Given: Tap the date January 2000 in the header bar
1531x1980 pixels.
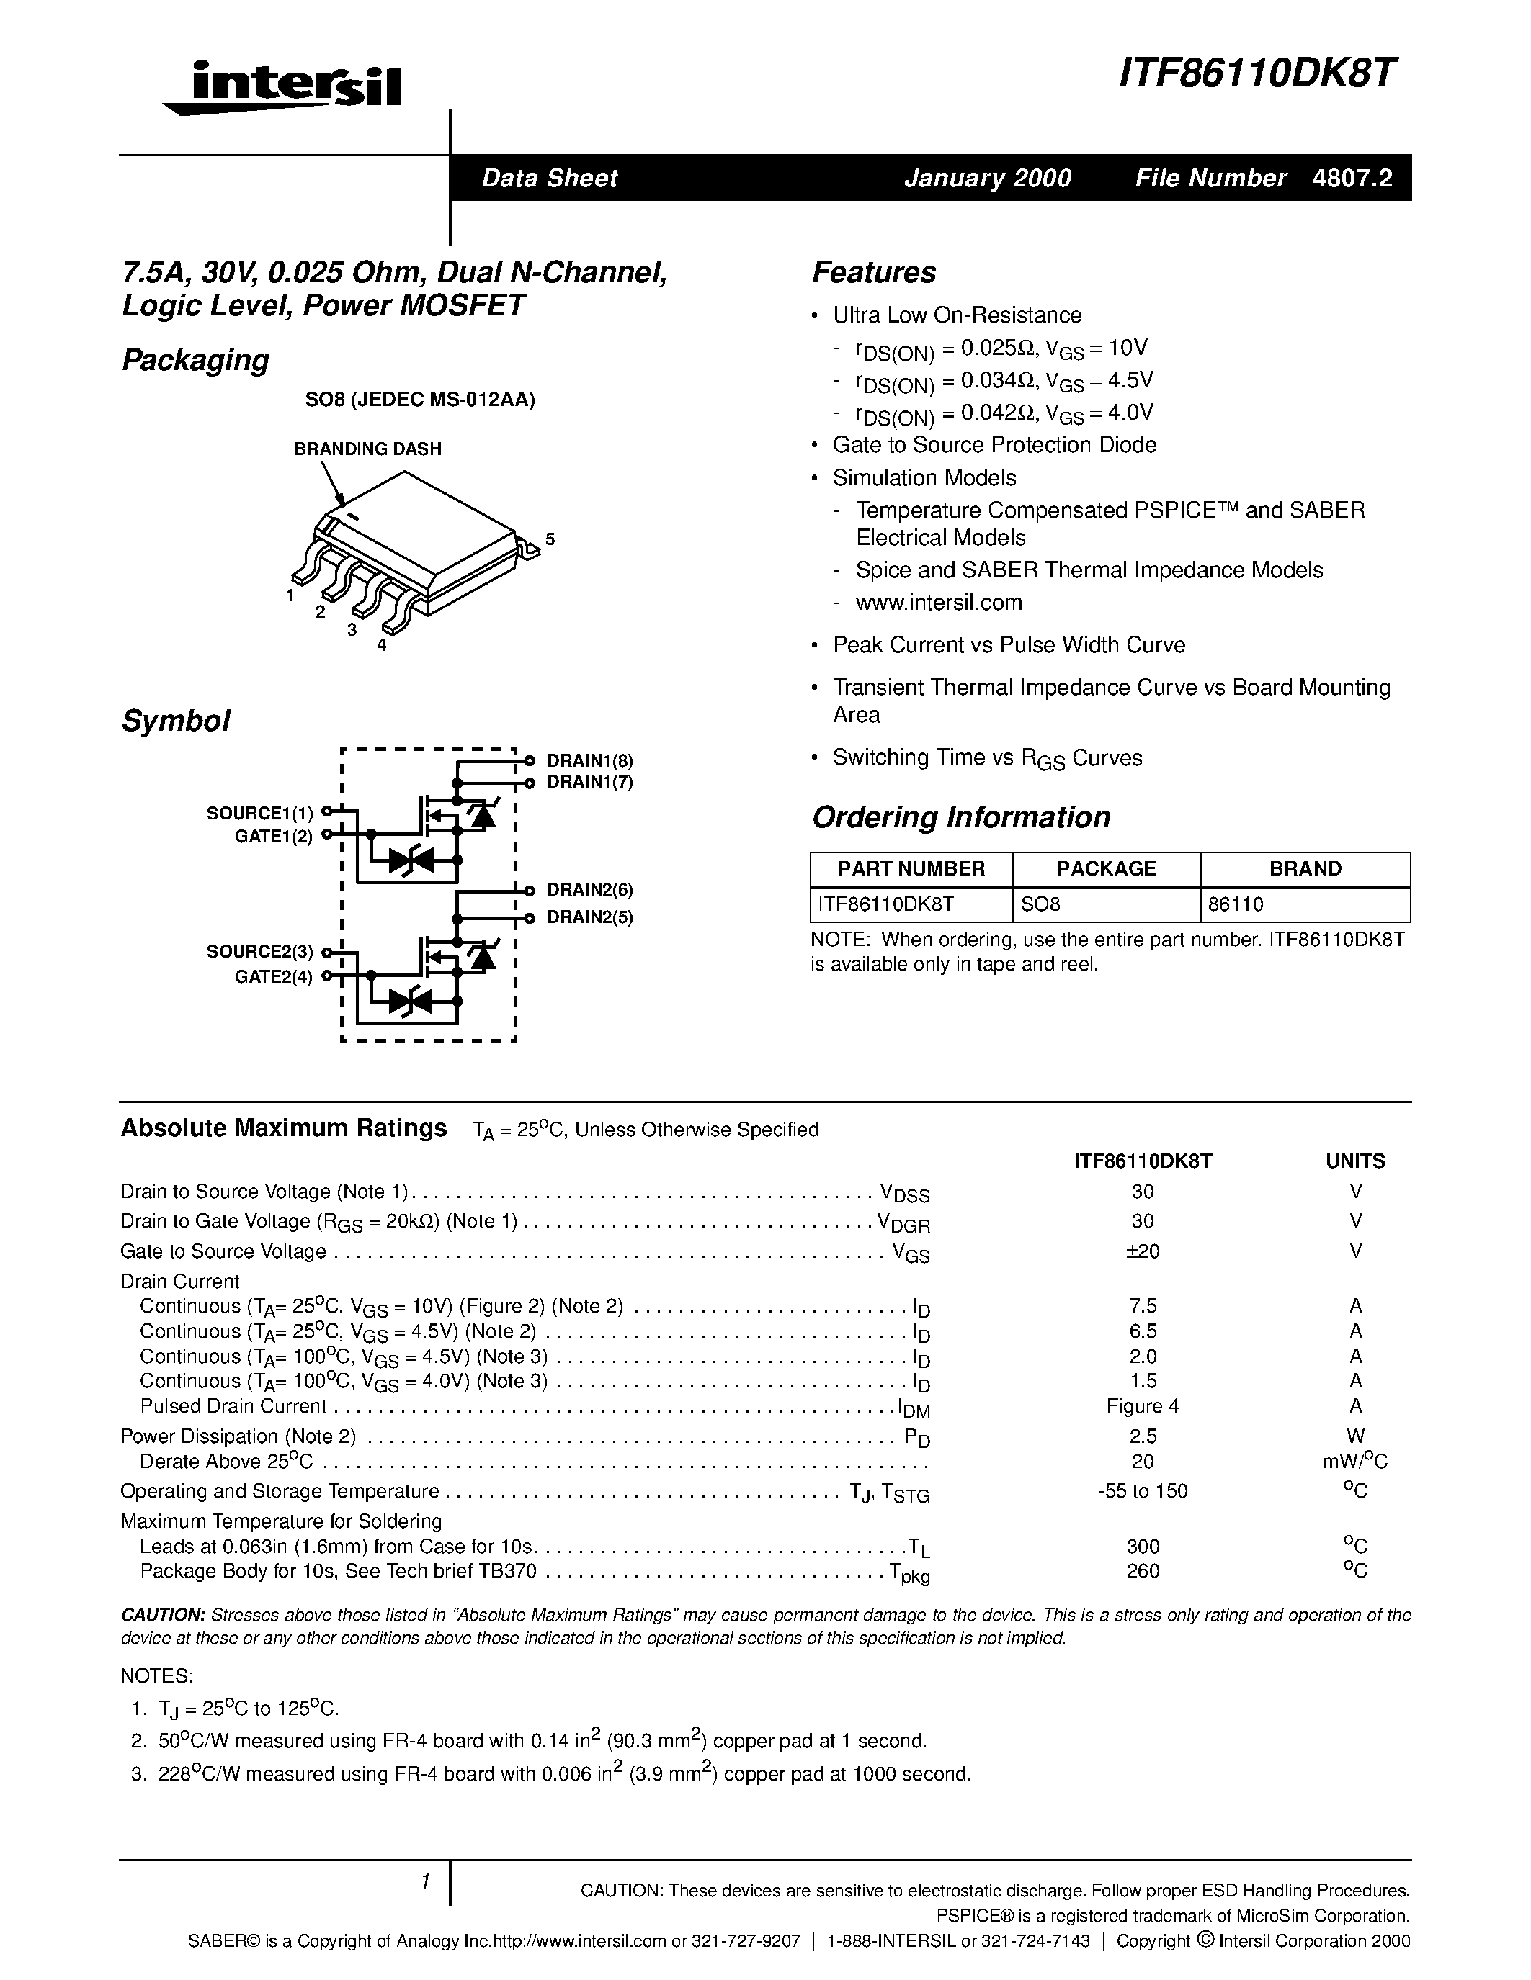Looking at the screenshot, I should pos(988,178).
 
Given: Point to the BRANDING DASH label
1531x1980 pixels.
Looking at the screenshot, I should pos(367,449).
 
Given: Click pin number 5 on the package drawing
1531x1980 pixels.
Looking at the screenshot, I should pos(550,540).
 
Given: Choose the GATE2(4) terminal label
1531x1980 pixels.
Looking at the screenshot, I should pos(274,977).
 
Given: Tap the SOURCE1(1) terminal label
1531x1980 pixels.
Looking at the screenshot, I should pos(260,813).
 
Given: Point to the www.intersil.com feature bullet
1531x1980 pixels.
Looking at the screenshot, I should pos(939,603).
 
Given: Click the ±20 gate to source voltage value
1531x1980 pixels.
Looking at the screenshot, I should pos(1143,1251).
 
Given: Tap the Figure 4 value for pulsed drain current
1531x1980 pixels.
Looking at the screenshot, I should pos(1143,1406).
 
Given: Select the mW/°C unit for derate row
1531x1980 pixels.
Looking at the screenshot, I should pos(1355,1462).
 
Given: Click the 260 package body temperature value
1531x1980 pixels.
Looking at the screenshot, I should pos(1143,1571).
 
